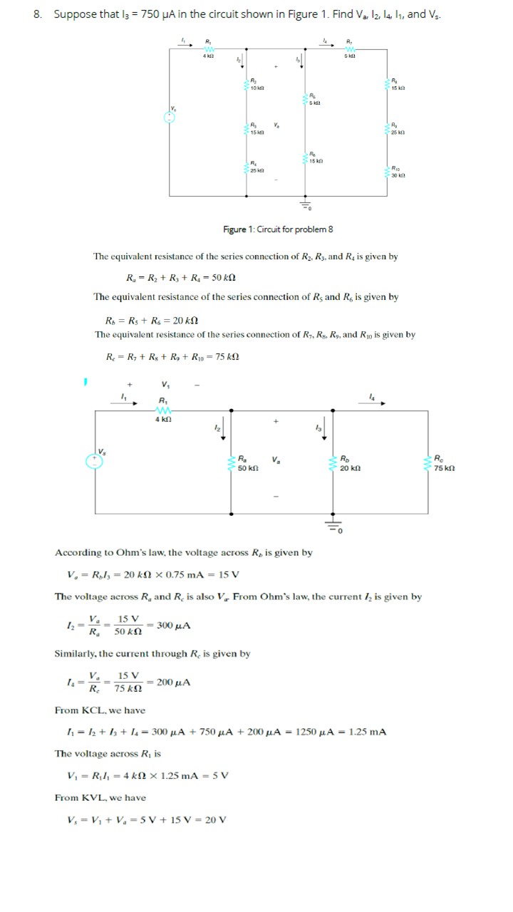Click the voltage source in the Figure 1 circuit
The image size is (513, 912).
[x=170, y=118]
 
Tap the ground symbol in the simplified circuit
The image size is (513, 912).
[x=332, y=527]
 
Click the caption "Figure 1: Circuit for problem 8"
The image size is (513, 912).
[x=278, y=229]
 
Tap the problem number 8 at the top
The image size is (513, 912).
[x=37, y=14]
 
